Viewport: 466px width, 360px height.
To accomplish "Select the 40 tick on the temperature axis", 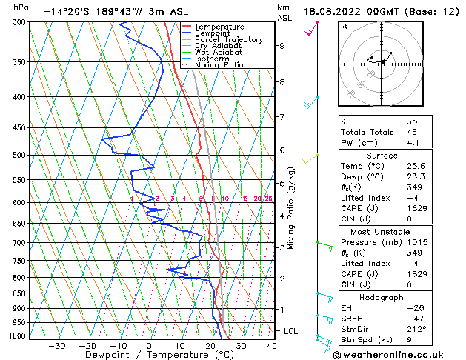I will click(x=272, y=345).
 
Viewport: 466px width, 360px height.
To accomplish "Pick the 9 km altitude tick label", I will click(x=282, y=45).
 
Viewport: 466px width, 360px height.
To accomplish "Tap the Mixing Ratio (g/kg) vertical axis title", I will click(x=292, y=207).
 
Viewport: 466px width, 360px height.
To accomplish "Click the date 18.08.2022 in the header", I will click(x=344, y=11).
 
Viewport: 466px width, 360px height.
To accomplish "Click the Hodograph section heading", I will click(x=381, y=297).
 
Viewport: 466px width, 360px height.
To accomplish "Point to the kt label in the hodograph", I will click(x=344, y=27).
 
